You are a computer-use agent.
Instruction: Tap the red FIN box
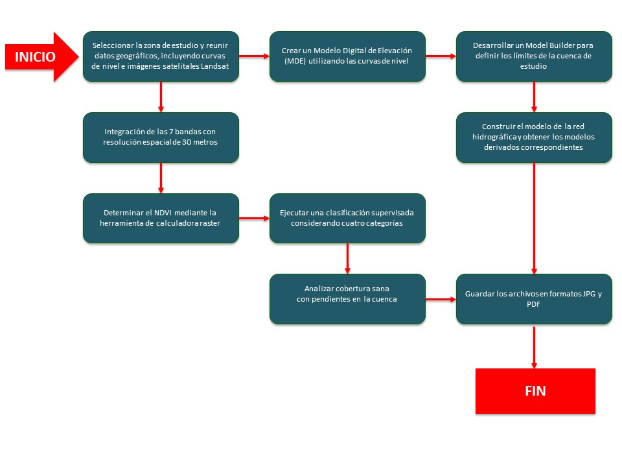535,391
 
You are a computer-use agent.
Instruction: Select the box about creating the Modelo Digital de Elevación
347,56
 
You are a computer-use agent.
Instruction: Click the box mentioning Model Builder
534,56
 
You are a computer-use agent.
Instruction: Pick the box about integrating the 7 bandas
161,138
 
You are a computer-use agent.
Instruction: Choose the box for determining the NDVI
161,218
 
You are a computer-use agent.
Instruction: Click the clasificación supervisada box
347,218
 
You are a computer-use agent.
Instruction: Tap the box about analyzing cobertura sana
347,298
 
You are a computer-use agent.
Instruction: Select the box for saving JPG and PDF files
534,298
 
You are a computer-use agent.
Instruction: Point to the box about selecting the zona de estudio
161,56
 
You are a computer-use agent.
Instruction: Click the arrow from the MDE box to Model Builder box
441,56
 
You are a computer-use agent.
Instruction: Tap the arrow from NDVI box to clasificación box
254,218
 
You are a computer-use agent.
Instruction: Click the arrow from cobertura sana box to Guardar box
441,299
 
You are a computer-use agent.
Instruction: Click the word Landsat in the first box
214,66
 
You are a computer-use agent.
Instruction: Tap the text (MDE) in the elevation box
295,61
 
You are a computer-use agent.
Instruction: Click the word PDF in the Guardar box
533,304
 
